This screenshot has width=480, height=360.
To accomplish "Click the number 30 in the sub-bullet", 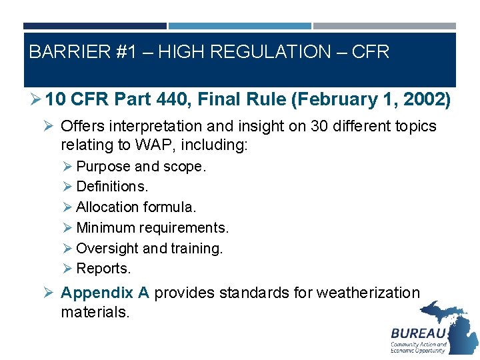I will (x=319, y=126).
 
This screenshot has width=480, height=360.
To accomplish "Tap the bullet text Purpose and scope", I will (x=141, y=167).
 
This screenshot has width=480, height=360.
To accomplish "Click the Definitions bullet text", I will (x=112, y=187).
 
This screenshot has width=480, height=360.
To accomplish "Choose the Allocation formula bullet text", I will (x=136, y=207).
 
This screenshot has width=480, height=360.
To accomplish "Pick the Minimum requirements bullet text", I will (x=152, y=228).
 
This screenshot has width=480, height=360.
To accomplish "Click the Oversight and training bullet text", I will (x=149, y=249).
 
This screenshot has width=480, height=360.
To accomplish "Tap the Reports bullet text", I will (x=103, y=269).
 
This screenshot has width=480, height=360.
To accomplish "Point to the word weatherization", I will (x=368, y=293).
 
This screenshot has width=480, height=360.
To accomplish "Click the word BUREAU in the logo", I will (x=418, y=333).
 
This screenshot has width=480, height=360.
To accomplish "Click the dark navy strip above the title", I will (x=95, y=26).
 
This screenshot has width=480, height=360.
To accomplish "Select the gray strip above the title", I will (x=385, y=26).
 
